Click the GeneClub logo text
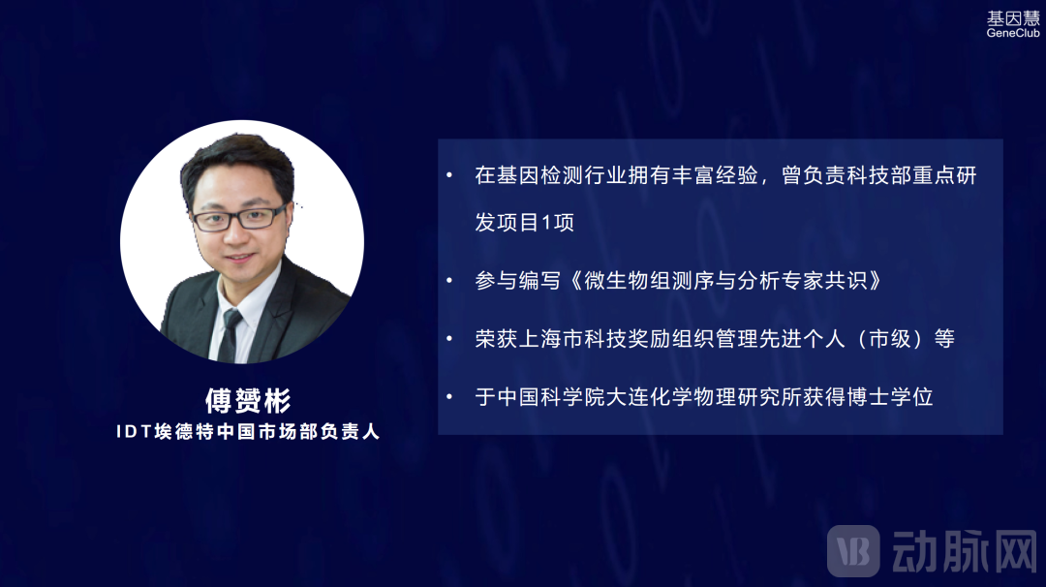tap(1013, 33)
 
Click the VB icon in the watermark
tap(852, 550)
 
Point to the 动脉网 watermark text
tap(963, 550)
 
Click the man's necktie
tap(230, 333)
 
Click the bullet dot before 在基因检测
tap(449, 175)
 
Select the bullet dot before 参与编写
tap(449, 281)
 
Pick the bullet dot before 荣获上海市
tap(449, 339)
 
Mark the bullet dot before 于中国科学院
tap(449, 397)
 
